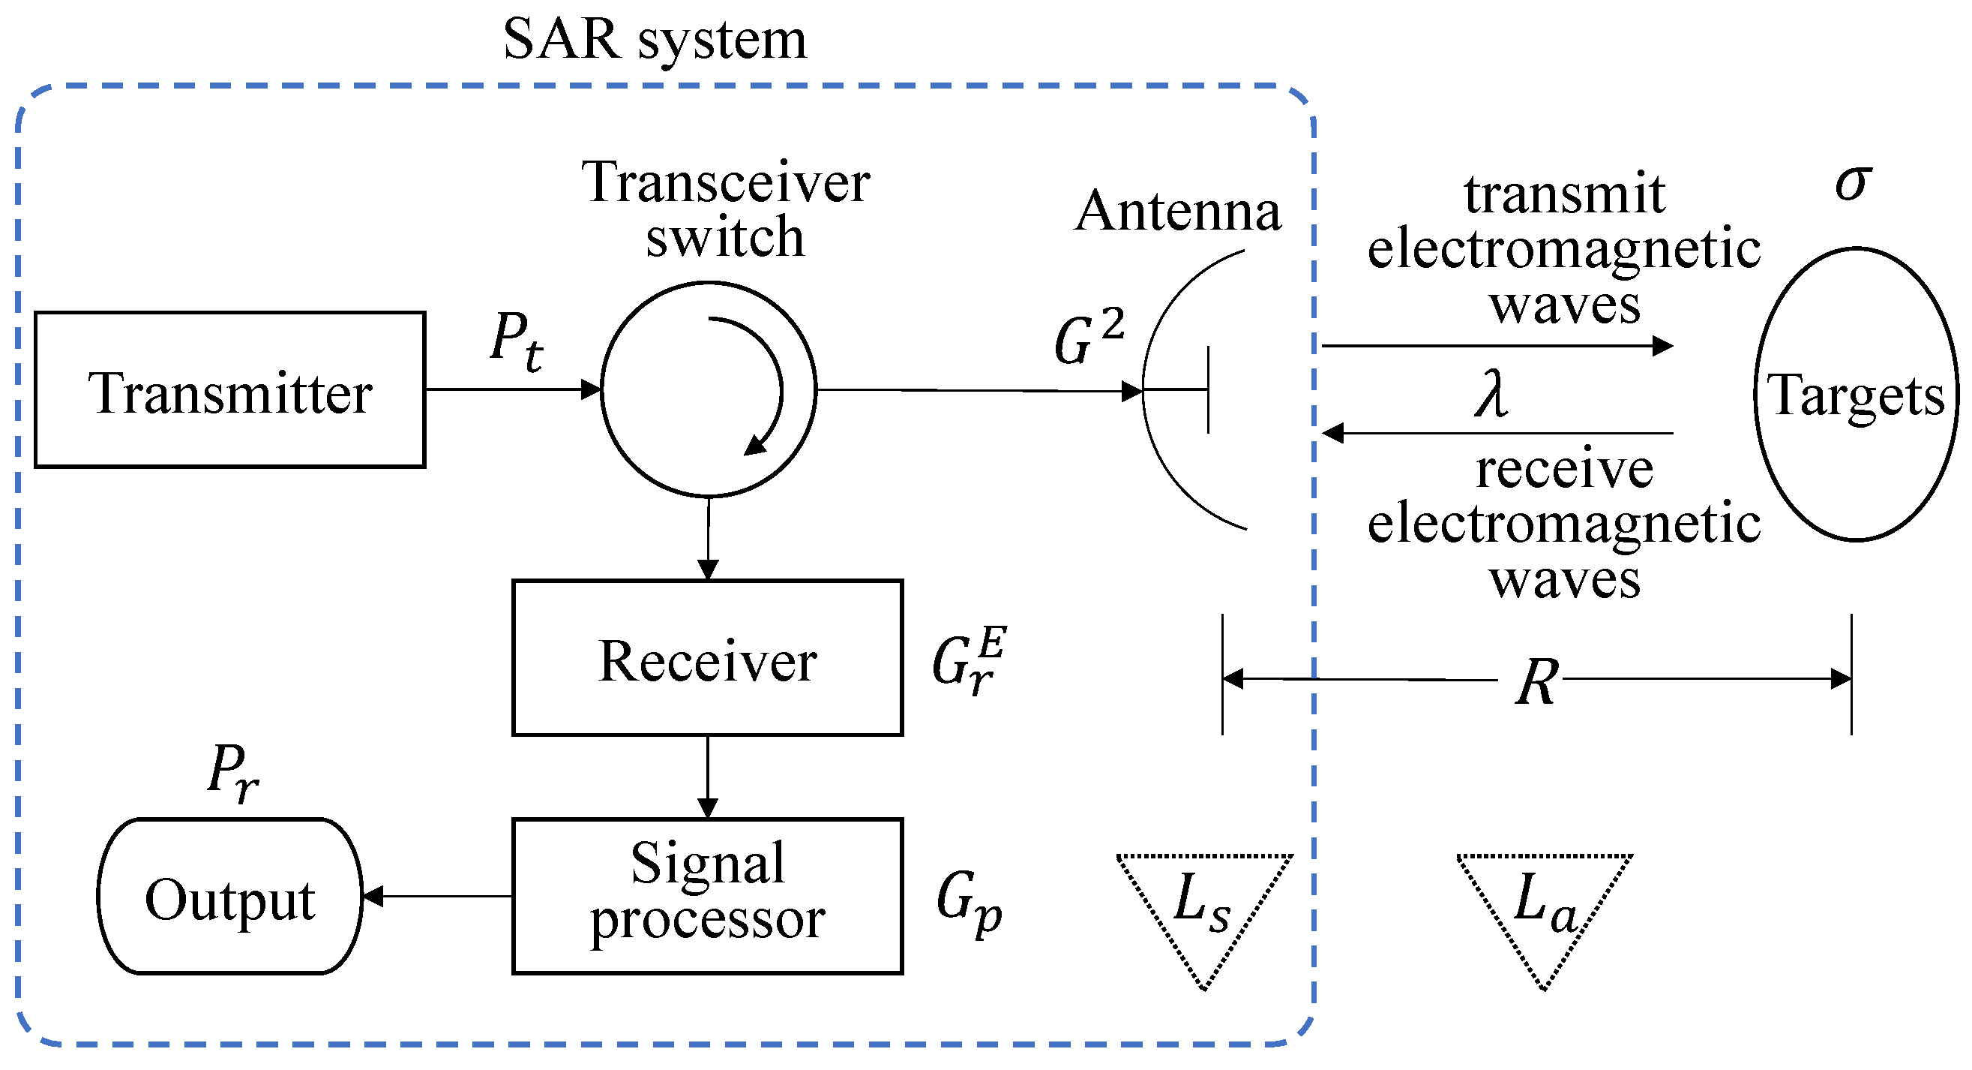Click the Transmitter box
point(229,389)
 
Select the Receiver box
point(707,658)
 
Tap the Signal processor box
point(707,896)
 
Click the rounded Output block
point(229,897)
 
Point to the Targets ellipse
point(1856,395)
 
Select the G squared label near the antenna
point(1087,337)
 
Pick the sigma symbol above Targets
point(1854,184)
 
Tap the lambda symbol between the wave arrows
point(1491,394)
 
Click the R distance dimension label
point(1536,681)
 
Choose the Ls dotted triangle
point(1203,903)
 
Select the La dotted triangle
point(1545,903)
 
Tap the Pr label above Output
point(232,771)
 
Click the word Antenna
point(1177,211)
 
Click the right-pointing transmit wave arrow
point(1497,346)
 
